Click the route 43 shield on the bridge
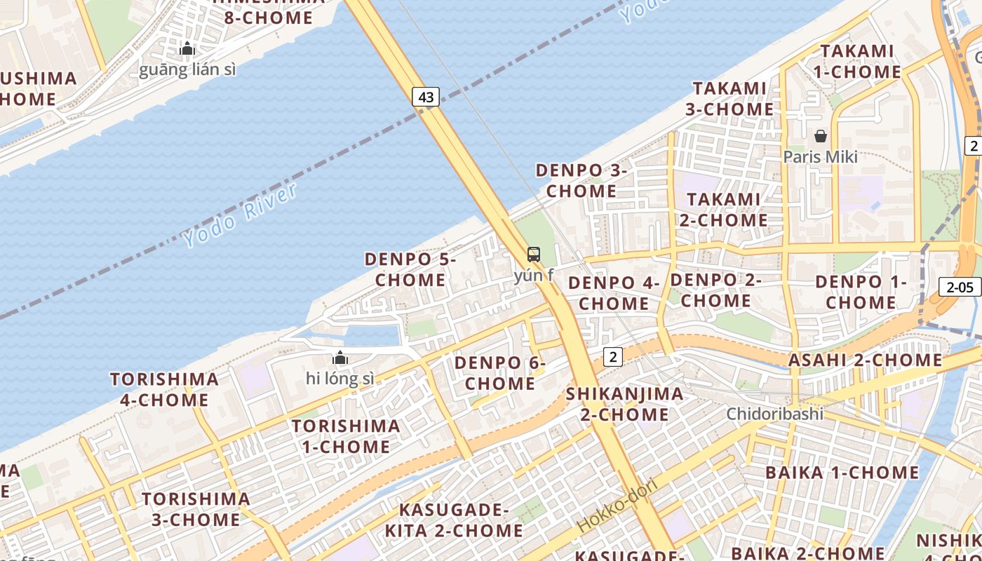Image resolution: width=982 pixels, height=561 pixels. [x=426, y=97]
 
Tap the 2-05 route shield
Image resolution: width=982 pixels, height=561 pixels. [x=960, y=286]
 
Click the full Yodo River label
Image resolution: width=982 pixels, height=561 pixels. [x=240, y=216]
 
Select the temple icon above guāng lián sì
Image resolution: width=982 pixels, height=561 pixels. [x=187, y=48]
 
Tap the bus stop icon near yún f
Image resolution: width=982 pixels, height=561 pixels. [x=534, y=254]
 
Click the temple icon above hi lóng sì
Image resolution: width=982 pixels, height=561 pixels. [x=340, y=358]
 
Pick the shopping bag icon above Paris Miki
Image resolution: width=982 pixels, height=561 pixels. [x=820, y=135]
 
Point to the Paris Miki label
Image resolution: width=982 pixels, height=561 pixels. [x=820, y=156]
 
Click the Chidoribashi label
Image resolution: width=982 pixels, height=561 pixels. [x=774, y=413]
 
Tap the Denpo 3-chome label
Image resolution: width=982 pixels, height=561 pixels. [x=581, y=180]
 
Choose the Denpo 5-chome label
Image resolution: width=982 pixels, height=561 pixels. [x=410, y=269]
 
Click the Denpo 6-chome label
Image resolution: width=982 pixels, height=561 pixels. [x=499, y=373]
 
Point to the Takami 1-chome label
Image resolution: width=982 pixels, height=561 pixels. [x=856, y=61]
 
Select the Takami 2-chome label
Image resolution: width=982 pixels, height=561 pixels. [x=723, y=209]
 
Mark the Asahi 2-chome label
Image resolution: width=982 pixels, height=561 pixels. [x=866, y=360]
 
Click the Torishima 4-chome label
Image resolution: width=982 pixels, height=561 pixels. [x=164, y=390]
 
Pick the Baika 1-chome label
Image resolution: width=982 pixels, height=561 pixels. [x=842, y=472]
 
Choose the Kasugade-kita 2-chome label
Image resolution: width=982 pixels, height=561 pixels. [x=454, y=520]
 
